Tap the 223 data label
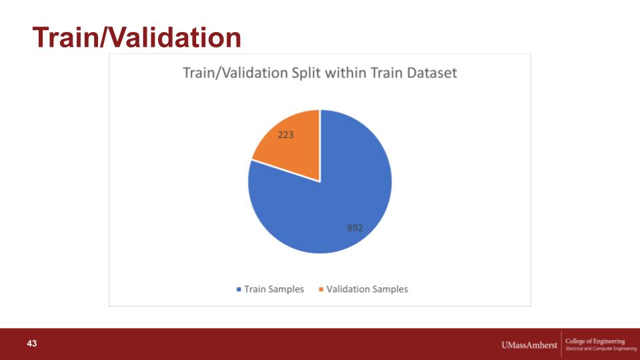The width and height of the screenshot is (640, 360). pos(286,135)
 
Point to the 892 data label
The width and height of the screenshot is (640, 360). pos(355,228)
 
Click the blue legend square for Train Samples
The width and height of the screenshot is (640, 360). pos(239,289)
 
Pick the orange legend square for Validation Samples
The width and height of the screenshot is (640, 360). pos(321,289)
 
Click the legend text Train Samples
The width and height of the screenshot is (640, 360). pos(274,289)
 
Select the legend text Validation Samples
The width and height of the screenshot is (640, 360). pos(367,289)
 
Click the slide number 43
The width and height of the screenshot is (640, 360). pos(32,343)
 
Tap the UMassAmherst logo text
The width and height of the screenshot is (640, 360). pos(529,345)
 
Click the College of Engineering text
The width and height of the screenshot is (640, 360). pos(595,341)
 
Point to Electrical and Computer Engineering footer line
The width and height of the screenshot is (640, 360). pos(601,349)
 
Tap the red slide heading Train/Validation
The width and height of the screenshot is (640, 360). pos(137,37)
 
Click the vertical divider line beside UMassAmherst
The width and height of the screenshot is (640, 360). pos(561,344)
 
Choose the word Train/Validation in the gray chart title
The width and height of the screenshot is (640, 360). pos(235,73)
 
